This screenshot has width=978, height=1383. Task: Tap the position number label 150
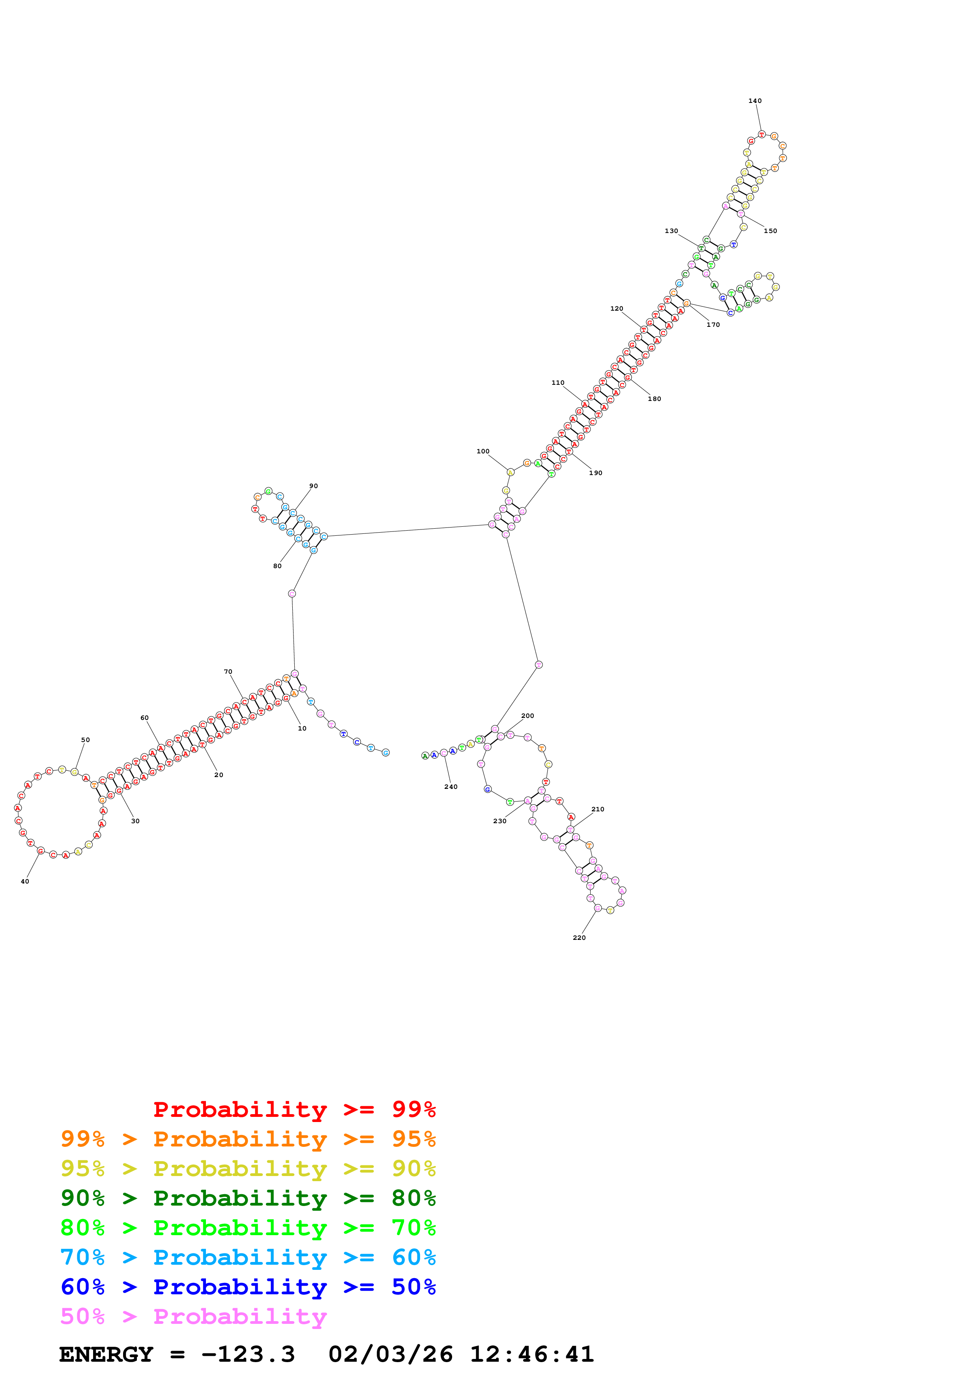click(x=770, y=231)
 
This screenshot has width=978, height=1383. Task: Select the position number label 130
click(x=671, y=231)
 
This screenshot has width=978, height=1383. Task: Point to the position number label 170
click(x=713, y=325)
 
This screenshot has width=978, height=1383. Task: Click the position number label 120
click(x=617, y=308)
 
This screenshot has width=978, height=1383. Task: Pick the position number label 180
click(x=654, y=399)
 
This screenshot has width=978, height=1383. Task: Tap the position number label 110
click(x=558, y=382)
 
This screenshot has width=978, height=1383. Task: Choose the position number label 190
click(x=595, y=473)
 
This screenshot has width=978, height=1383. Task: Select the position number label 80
click(x=277, y=566)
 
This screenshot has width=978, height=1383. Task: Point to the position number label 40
click(x=25, y=881)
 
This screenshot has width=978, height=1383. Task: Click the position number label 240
click(x=451, y=787)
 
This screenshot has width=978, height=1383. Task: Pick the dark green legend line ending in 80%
click(x=248, y=1198)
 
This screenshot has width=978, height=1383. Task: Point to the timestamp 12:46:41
click(x=531, y=1354)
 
